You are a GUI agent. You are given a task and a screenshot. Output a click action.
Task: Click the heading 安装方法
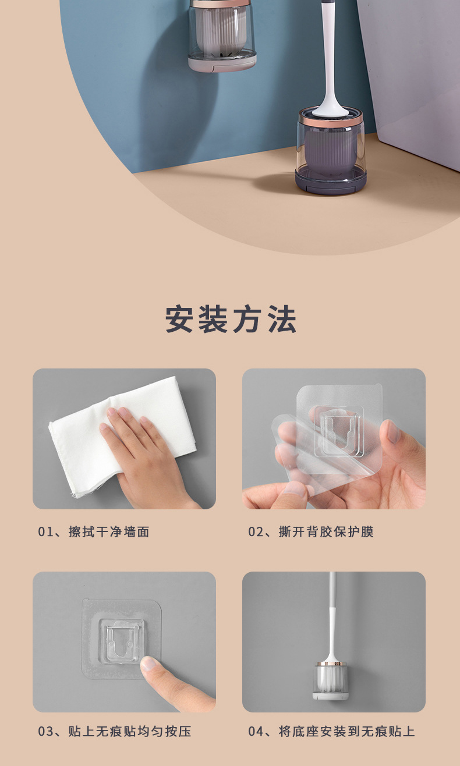231,319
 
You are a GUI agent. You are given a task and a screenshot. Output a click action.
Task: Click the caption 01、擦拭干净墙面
94,531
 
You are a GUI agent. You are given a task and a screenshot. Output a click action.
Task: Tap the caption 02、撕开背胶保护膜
311,531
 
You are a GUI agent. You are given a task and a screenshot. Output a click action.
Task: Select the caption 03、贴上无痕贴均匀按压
115,732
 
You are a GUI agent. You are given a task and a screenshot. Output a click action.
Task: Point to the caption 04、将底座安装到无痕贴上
331,732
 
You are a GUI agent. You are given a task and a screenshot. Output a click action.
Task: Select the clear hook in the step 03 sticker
122,640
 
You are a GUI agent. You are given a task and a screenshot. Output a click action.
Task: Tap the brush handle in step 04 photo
332,617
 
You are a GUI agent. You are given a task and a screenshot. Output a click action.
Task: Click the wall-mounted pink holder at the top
222,35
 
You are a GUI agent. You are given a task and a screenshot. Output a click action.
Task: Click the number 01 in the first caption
45,531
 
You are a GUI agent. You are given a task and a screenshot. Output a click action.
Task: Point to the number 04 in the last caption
256,732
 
